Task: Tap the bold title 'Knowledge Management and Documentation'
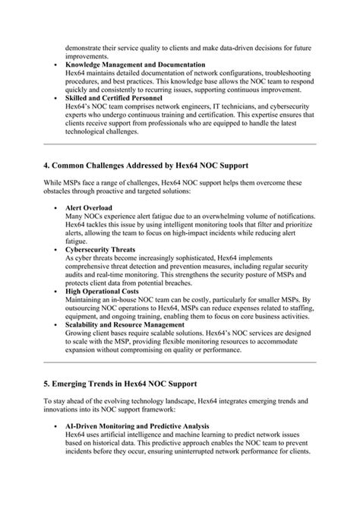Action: [x=135, y=65]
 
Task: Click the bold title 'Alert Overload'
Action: [x=89, y=207]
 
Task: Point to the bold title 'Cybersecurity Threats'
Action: [x=101, y=248]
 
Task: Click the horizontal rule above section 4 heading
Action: [x=179, y=143]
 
